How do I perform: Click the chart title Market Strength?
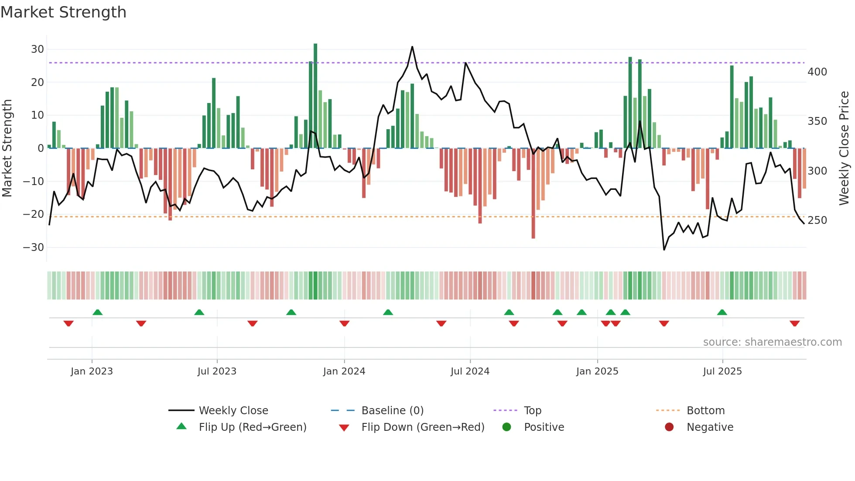(63, 12)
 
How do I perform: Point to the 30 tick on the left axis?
(38, 49)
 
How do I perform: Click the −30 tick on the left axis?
(34, 247)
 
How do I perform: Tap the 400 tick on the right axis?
(817, 72)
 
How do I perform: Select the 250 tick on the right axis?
(817, 220)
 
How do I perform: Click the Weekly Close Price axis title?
(844, 148)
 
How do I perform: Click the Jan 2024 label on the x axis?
(344, 371)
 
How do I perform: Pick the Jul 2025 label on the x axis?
(722, 371)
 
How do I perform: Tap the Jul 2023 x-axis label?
(217, 371)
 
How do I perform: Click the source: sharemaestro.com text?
(772, 342)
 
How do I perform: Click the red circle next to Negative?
(669, 427)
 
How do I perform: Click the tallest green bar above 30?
(315, 96)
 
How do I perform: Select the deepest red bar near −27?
(533, 194)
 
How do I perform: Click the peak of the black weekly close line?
(412, 47)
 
